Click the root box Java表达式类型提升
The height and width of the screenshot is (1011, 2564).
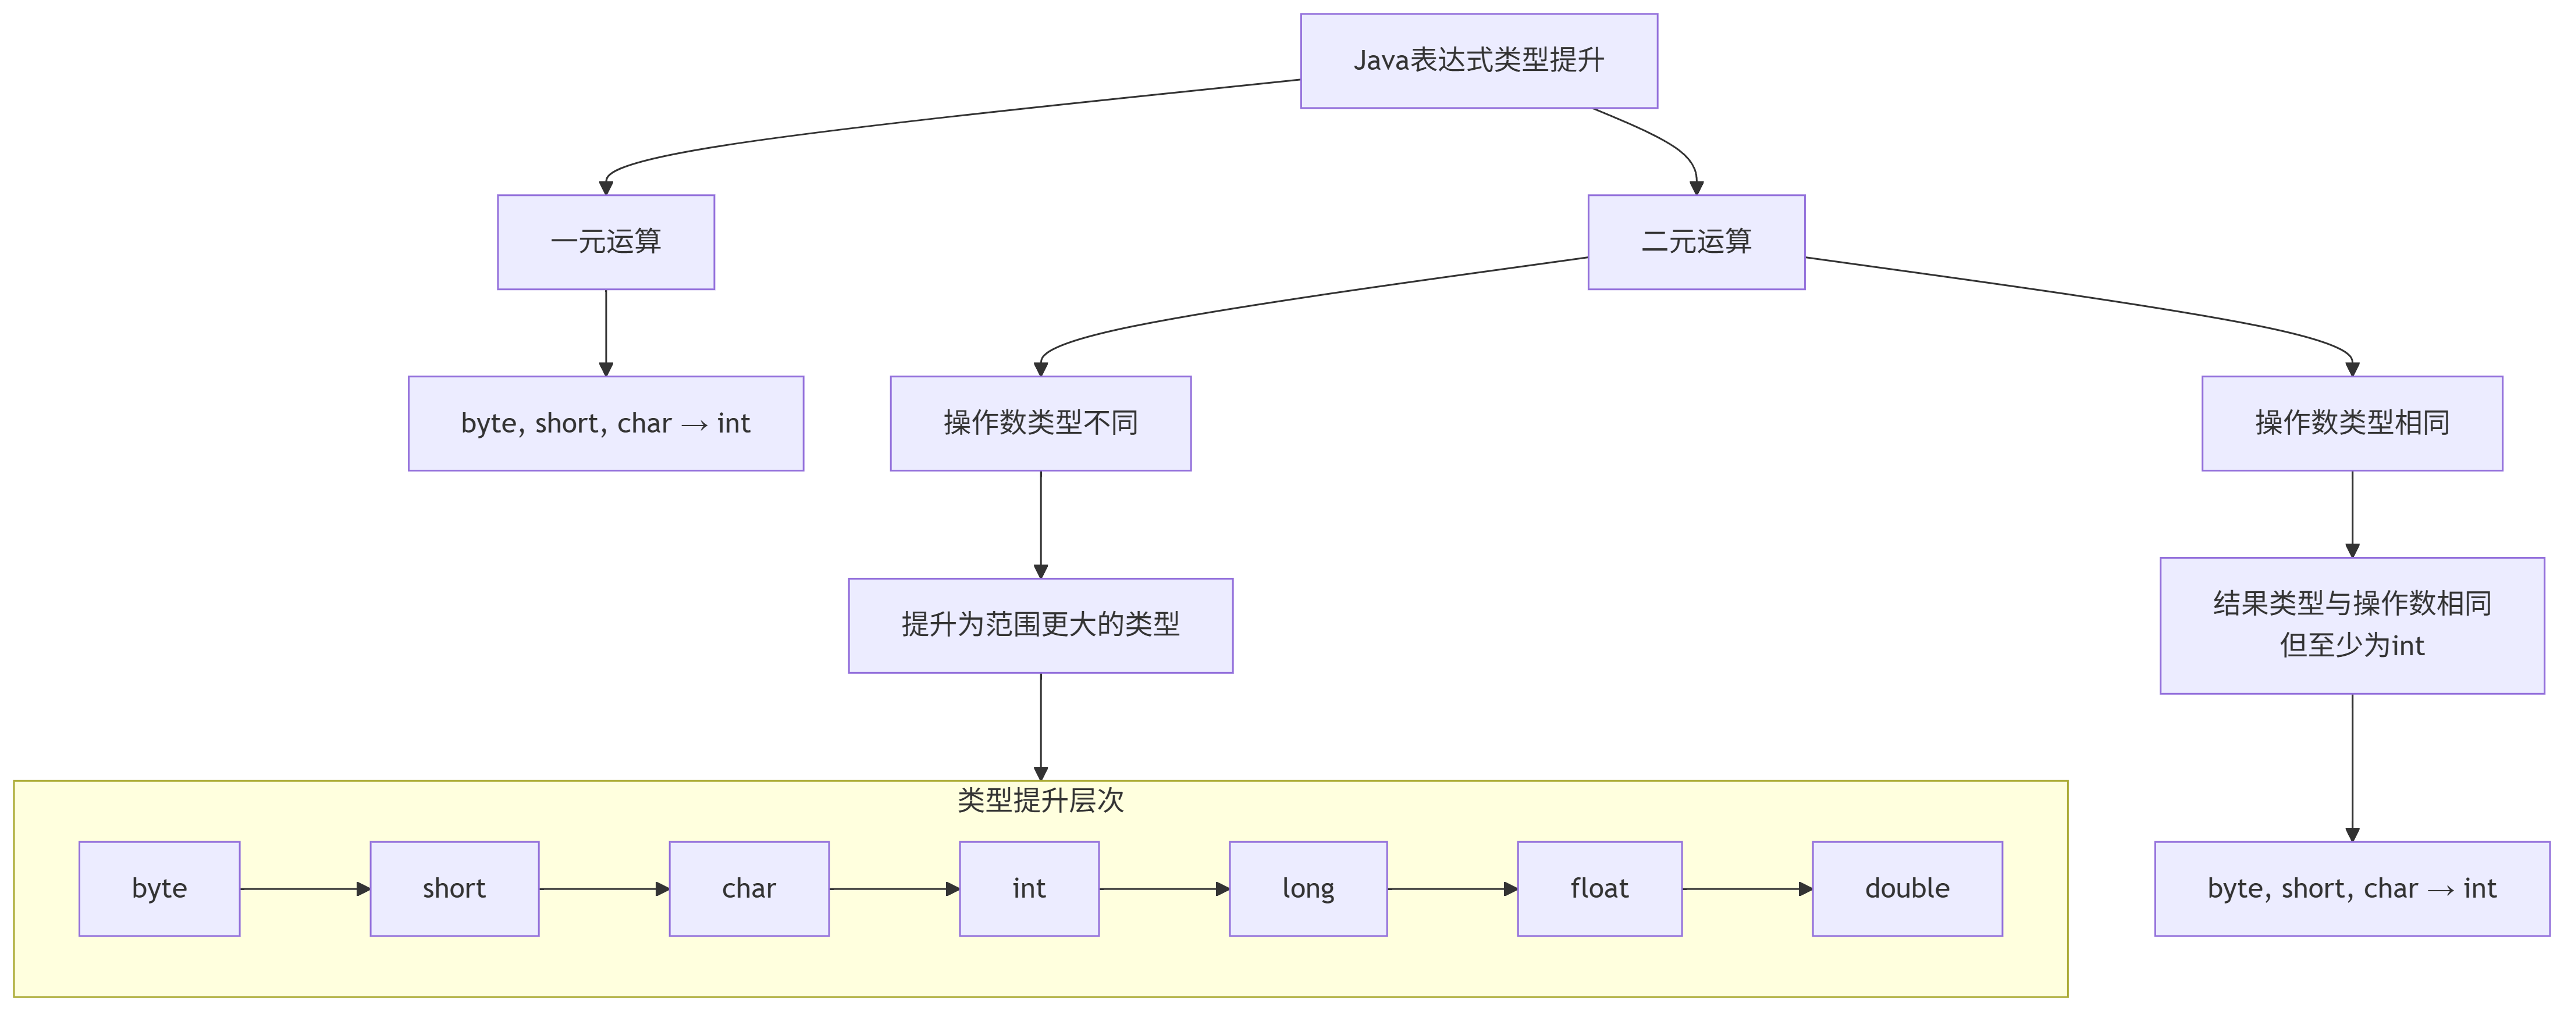click(x=1478, y=60)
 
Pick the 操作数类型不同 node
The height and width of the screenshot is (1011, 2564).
click(x=1040, y=423)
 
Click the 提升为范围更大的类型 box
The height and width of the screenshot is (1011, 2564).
click(x=1040, y=625)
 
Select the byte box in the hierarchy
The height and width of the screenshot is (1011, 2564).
click(x=159, y=888)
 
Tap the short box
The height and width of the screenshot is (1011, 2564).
click(x=454, y=888)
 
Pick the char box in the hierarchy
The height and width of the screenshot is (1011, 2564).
click(x=749, y=888)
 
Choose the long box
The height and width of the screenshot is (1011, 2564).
click(x=1308, y=888)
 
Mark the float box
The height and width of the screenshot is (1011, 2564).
click(x=1599, y=888)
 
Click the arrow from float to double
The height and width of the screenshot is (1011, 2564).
click(x=1747, y=888)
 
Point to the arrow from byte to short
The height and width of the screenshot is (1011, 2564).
click(x=305, y=888)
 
